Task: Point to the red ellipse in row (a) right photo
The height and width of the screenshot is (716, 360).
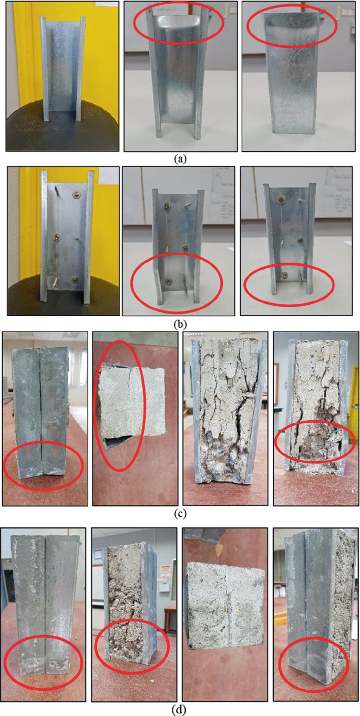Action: click(x=291, y=25)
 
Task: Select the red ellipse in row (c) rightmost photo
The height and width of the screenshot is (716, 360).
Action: click(x=315, y=441)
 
